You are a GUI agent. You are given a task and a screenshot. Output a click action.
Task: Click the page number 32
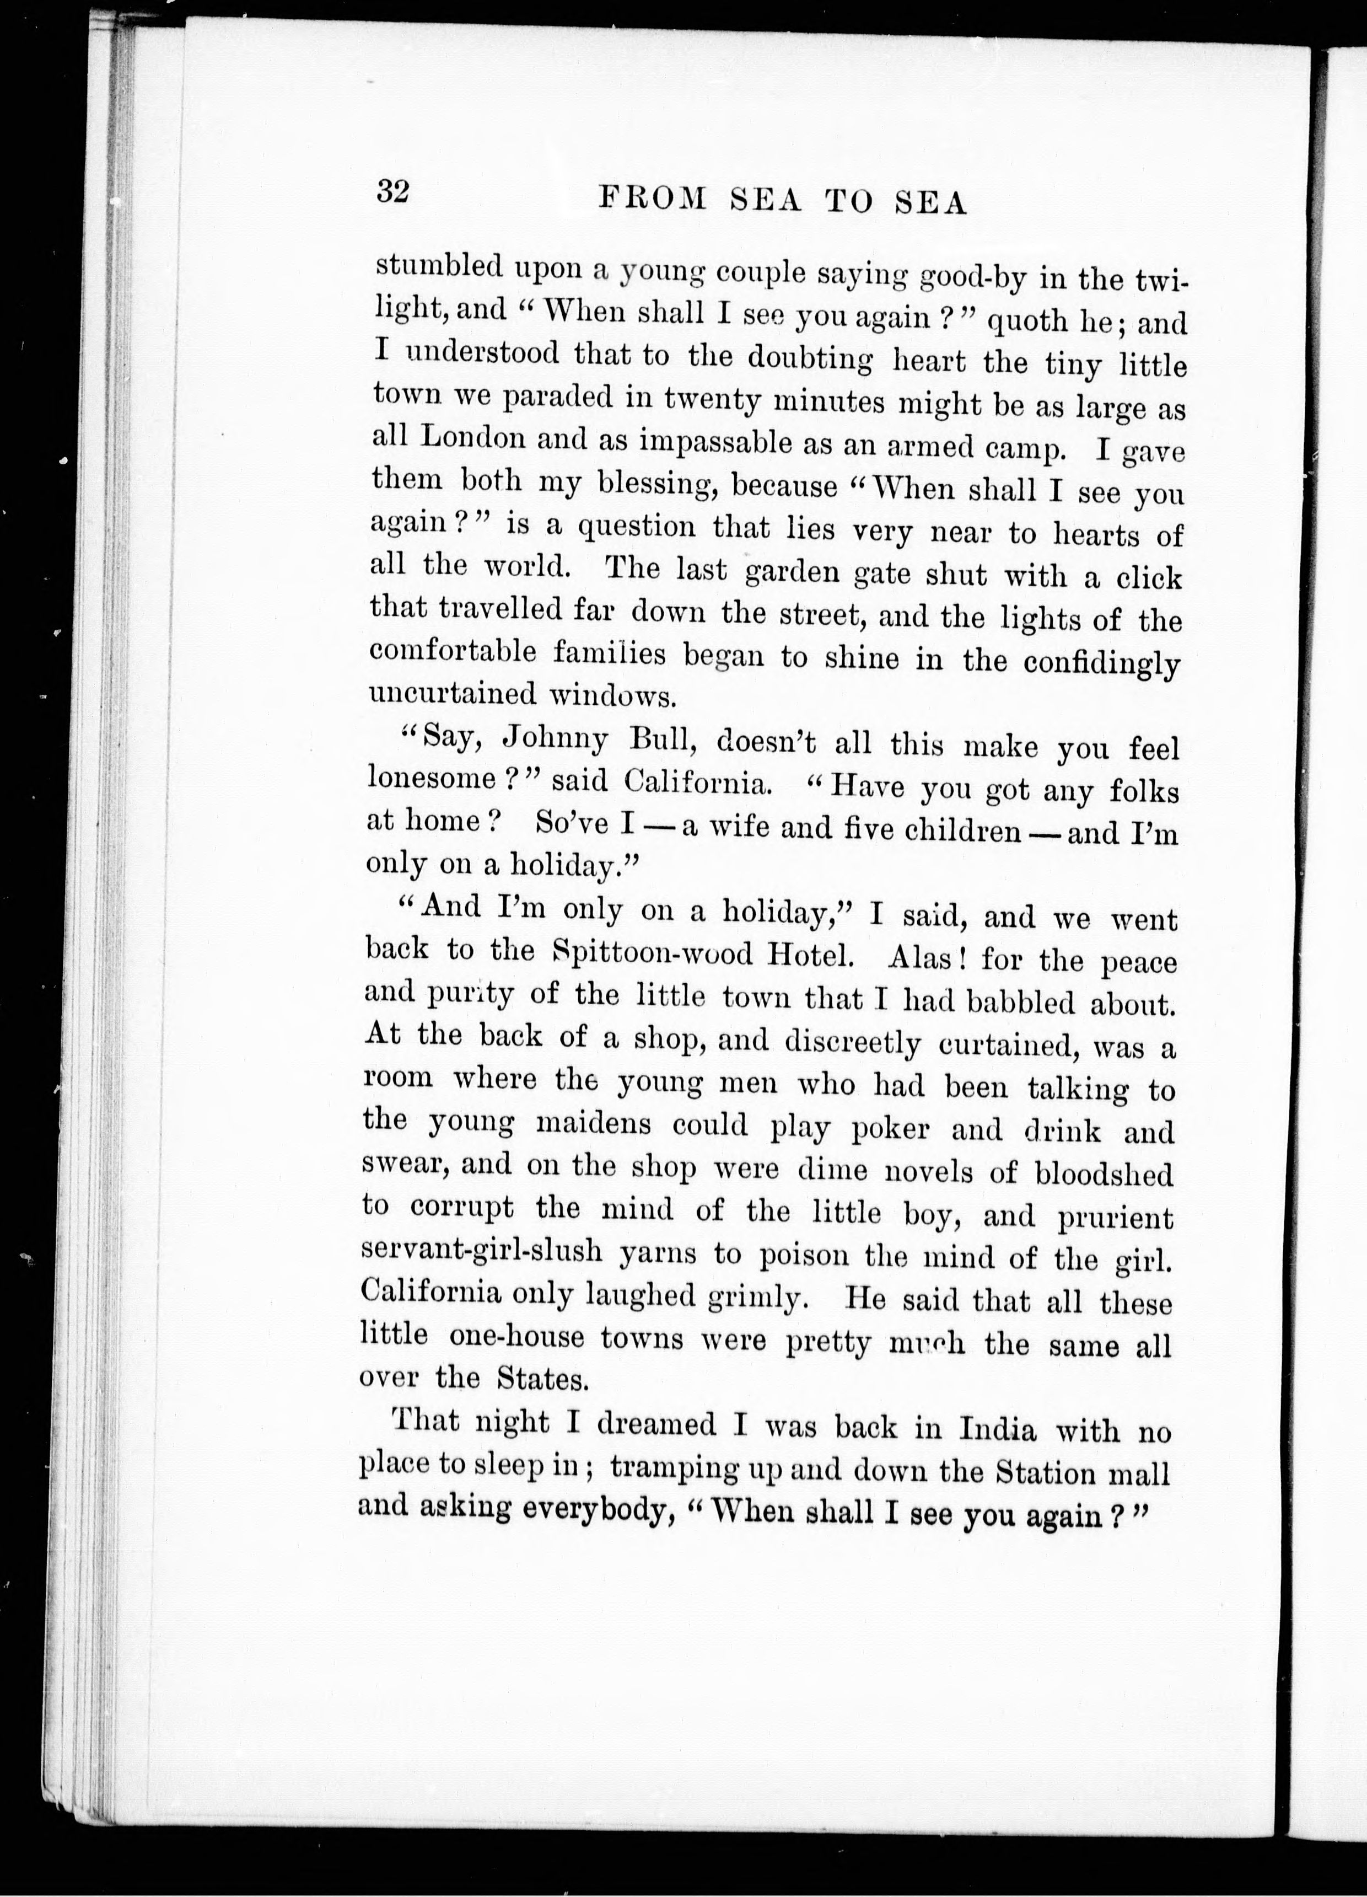pos(391,192)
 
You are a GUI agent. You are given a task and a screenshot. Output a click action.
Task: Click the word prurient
pos(1115,1219)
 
